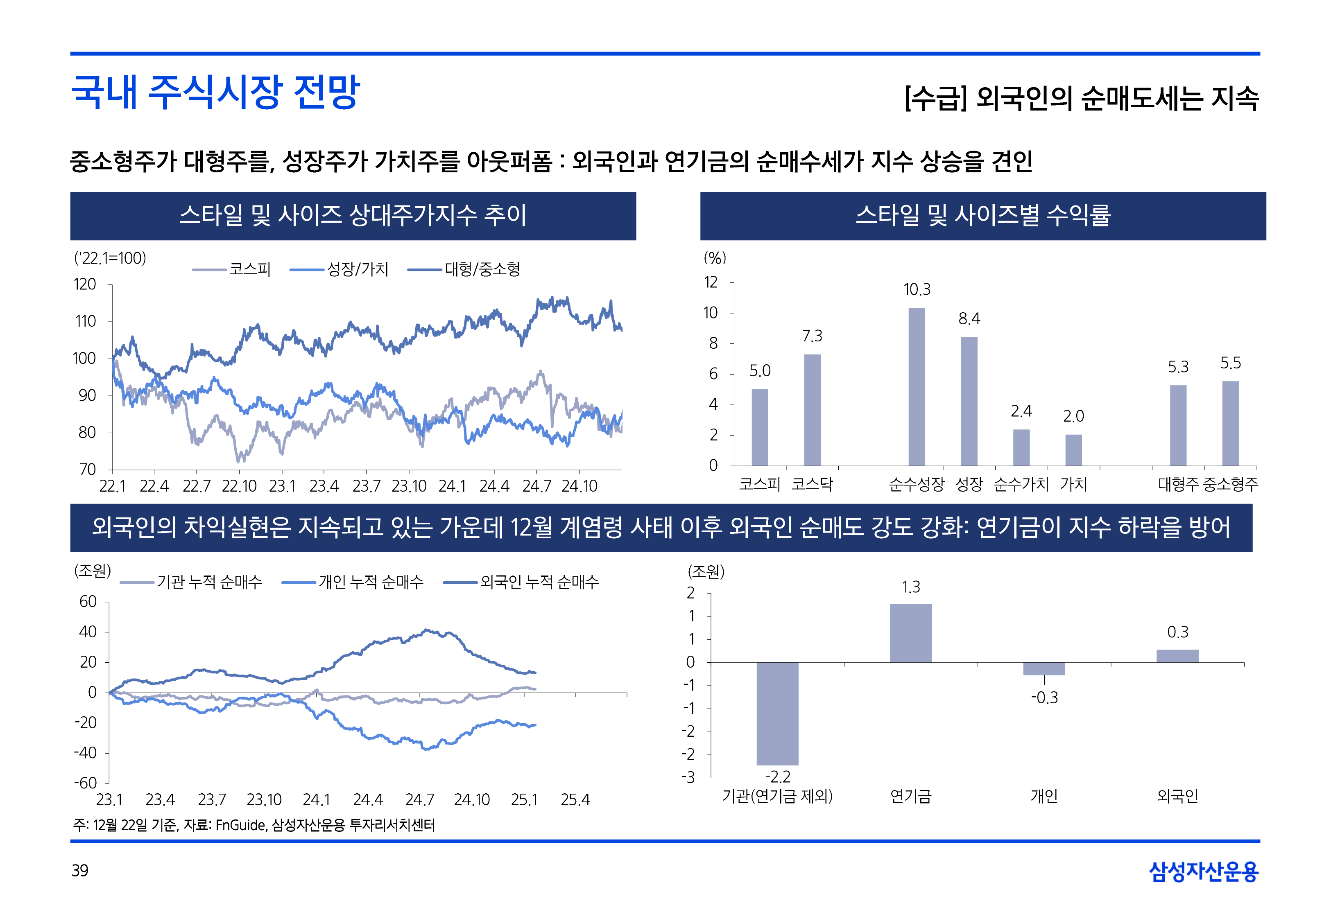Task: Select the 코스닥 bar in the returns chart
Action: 812,409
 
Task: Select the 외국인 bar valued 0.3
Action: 1177,656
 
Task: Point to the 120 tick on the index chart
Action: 85,284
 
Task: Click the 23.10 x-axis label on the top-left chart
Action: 409,486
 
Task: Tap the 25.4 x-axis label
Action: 575,800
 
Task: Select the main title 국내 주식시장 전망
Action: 215,93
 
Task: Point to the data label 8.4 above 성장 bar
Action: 969,318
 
